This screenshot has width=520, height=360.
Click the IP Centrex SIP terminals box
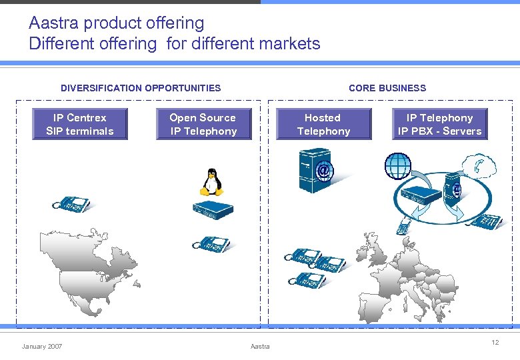tap(80, 125)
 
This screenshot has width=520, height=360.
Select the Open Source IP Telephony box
tap(203, 125)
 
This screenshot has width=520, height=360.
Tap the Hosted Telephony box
tap(323, 125)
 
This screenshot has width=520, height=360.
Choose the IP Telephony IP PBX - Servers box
tap(439, 125)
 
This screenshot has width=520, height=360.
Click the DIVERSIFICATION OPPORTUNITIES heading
tap(141, 88)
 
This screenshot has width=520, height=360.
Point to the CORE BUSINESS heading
tap(387, 88)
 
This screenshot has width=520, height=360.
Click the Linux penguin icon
tap(211, 181)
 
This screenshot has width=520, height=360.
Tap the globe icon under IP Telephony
tap(399, 166)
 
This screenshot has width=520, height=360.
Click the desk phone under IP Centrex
tap(72, 205)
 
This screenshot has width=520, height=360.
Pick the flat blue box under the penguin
tap(213, 209)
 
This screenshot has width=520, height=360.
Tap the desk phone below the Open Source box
tap(211, 244)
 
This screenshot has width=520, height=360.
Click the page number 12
tap(495, 343)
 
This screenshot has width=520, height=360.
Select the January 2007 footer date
tap(42, 347)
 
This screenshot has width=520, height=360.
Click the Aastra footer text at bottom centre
tap(260, 347)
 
